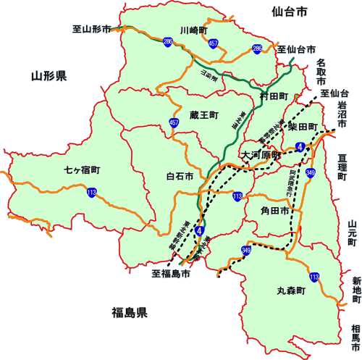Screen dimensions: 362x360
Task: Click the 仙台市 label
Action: tap(290, 12)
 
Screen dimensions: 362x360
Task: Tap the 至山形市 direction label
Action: tap(92, 30)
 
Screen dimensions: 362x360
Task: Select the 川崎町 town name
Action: tap(194, 30)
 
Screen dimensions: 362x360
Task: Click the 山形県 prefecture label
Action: tap(49, 75)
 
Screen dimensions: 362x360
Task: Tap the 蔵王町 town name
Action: tap(204, 114)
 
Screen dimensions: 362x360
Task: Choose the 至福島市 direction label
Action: tap(171, 275)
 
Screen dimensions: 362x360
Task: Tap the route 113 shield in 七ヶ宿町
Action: tap(91, 193)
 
